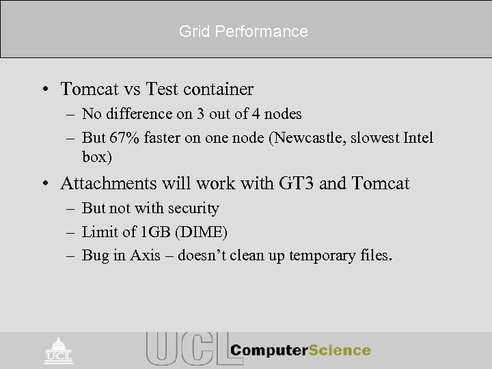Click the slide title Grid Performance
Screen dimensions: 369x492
(243, 31)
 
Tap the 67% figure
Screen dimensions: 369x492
(130, 138)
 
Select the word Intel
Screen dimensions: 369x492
(418, 138)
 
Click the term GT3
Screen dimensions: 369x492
(296, 184)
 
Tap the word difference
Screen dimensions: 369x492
(137, 113)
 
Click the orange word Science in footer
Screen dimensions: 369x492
(340, 351)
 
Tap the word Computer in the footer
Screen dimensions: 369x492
(269, 351)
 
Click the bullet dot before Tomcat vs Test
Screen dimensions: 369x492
(44, 90)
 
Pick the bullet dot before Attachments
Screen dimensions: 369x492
(44, 184)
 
